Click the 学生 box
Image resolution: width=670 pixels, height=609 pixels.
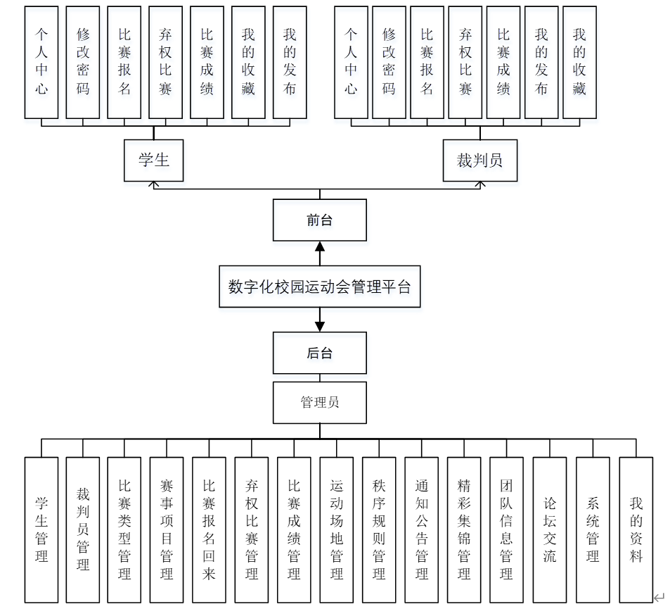(x=153, y=160)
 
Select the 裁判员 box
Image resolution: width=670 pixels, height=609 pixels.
(x=479, y=160)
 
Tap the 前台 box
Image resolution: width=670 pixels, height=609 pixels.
(x=319, y=220)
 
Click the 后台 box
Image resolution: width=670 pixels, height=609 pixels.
(x=319, y=353)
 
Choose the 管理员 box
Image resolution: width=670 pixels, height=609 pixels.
(x=319, y=403)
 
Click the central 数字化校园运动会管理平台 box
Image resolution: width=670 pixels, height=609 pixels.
(x=319, y=287)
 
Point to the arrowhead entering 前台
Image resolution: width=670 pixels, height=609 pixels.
(x=320, y=246)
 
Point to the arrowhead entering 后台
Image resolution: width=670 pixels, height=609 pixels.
(x=320, y=326)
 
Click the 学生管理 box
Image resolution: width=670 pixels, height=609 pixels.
(x=41, y=529)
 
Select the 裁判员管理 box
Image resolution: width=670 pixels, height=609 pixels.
(x=83, y=529)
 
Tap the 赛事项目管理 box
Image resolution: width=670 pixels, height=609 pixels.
(x=167, y=529)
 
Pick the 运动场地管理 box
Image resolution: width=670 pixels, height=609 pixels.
(x=337, y=529)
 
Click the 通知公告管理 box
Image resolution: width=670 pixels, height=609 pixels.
(x=421, y=529)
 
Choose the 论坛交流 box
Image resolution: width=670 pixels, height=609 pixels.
(x=550, y=529)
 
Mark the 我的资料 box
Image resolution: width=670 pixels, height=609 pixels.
(x=636, y=529)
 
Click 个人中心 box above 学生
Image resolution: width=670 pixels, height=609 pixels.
(x=41, y=62)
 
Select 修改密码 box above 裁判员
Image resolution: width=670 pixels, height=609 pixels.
(x=389, y=62)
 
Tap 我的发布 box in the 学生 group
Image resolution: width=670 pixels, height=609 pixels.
(x=290, y=62)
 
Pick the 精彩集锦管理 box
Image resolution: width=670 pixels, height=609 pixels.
(x=464, y=529)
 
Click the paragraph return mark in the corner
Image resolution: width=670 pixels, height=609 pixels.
(x=659, y=598)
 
